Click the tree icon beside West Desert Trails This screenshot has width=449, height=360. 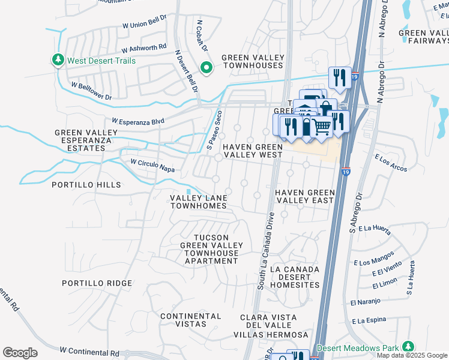point(58,60)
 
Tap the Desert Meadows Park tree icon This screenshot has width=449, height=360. point(408,347)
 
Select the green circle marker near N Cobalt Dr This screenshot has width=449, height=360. point(206,68)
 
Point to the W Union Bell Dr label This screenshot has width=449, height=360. point(144,25)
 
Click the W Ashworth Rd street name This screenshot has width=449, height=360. point(143,49)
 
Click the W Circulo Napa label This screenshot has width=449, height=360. point(152,166)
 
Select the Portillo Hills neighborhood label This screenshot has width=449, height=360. point(86,185)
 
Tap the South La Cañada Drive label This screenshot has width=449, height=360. point(265,250)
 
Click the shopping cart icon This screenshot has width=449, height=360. point(321,126)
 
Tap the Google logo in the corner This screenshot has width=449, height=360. point(20,353)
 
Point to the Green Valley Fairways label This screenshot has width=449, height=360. point(423,37)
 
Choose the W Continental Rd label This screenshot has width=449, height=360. point(89,350)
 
